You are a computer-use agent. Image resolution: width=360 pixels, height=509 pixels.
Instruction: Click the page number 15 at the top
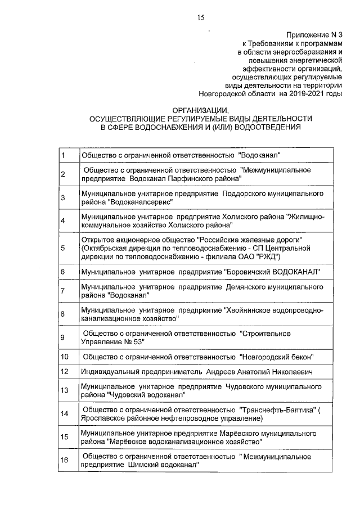pos(200,18)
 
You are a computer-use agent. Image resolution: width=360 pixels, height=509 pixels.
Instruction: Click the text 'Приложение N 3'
pos(314,35)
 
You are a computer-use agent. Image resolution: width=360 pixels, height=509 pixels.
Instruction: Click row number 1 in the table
pos(63,155)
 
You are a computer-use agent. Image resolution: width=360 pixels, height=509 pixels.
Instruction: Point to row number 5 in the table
pos(63,248)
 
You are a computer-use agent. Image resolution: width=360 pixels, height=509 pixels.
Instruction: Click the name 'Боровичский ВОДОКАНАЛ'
pos(272,272)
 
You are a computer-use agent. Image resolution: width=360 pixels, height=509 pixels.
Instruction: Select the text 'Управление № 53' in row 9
pos(113,341)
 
